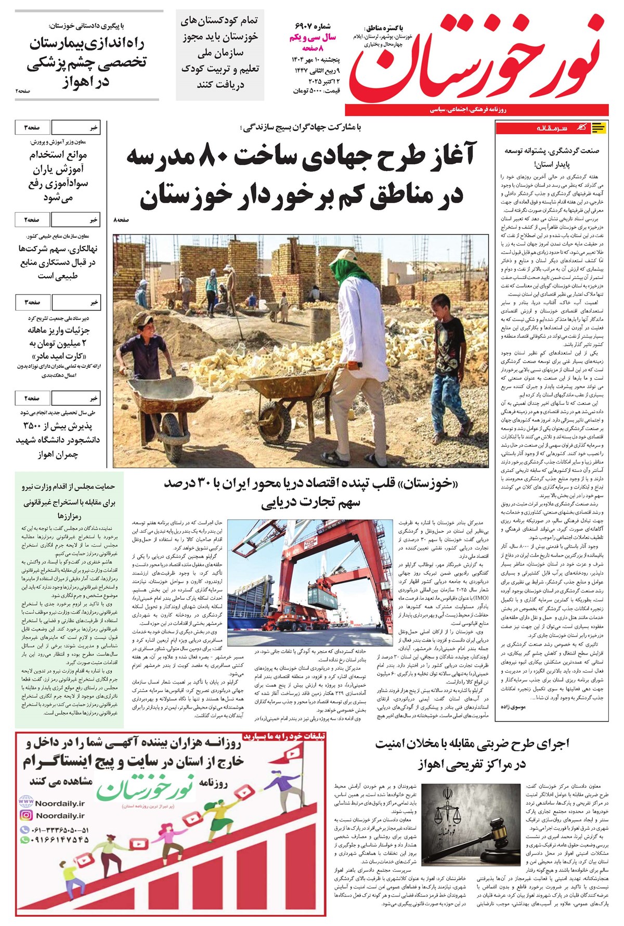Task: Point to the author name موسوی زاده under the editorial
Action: click(513, 707)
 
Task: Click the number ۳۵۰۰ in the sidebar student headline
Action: click(36, 426)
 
